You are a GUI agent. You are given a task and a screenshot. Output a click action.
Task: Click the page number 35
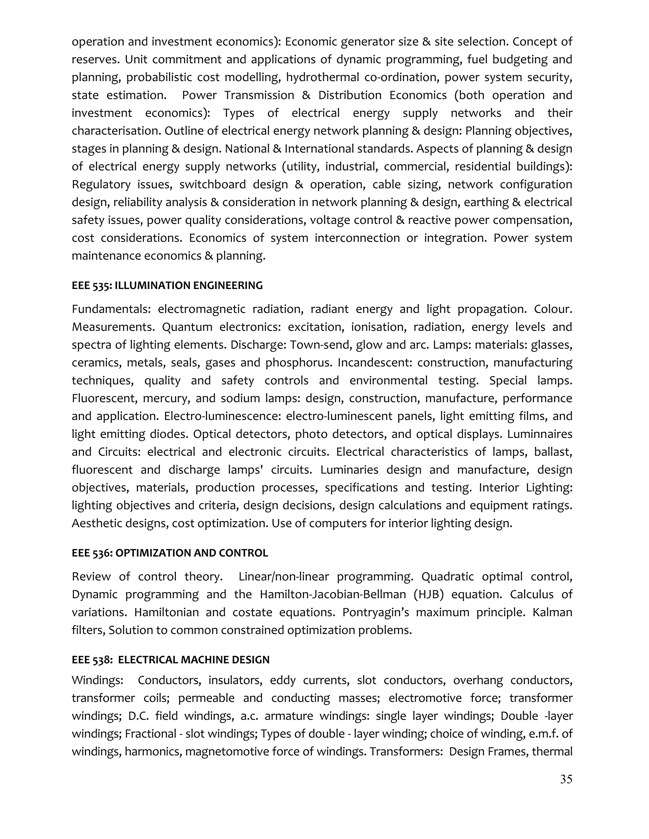(x=566, y=779)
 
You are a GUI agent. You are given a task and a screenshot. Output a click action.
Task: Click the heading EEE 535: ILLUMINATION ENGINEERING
(x=167, y=286)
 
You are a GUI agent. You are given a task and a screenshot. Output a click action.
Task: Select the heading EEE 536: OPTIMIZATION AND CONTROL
(x=170, y=553)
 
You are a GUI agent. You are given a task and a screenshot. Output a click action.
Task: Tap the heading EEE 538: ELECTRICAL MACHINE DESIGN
(x=171, y=659)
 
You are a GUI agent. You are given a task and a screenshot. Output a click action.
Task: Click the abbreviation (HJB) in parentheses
(x=429, y=594)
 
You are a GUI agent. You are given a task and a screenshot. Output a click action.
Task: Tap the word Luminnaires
(x=539, y=434)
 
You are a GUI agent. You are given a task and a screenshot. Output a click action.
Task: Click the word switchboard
(x=212, y=184)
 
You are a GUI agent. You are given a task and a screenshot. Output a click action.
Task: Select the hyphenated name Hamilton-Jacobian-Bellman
(x=332, y=594)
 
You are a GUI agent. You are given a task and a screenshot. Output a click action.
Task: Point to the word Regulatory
(x=101, y=184)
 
